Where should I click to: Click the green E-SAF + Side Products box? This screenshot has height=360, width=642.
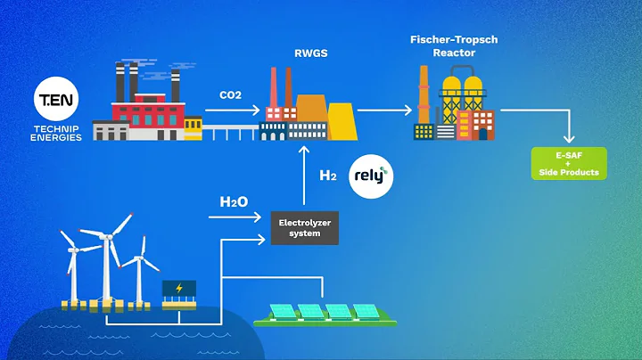pos(570,164)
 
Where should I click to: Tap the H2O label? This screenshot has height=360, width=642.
pos(234,201)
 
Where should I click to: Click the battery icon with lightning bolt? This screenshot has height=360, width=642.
pos(178,291)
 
